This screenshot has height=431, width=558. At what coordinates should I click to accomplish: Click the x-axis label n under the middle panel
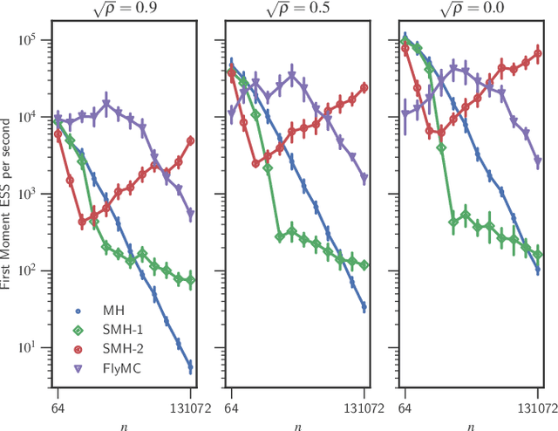pyautogui.click(x=297, y=425)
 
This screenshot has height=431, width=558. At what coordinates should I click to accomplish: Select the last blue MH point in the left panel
pyautogui.click(x=190, y=368)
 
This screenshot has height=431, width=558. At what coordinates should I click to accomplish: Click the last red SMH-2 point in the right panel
pyautogui.click(x=538, y=53)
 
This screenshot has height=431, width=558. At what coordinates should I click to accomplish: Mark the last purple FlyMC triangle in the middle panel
pyautogui.click(x=364, y=178)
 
